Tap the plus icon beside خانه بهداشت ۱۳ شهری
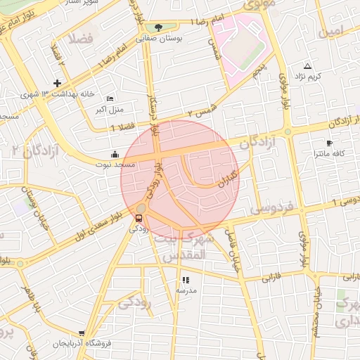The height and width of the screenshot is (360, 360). (x=58, y=83)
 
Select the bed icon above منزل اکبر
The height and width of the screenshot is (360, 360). (x=109, y=99)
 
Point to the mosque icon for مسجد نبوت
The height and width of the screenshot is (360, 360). (x=115, y=154)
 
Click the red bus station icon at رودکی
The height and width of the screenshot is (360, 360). (x=139, y=218)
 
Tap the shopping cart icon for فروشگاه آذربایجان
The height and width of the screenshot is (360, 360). (x=82, y=333)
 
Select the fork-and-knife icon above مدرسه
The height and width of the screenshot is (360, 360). (x=186, y=279)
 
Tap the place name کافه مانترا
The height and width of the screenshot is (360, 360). (x=328, y=152)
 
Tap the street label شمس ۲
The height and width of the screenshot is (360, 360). (x=200, y=111)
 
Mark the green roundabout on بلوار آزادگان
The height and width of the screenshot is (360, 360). (x=287, y=132)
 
